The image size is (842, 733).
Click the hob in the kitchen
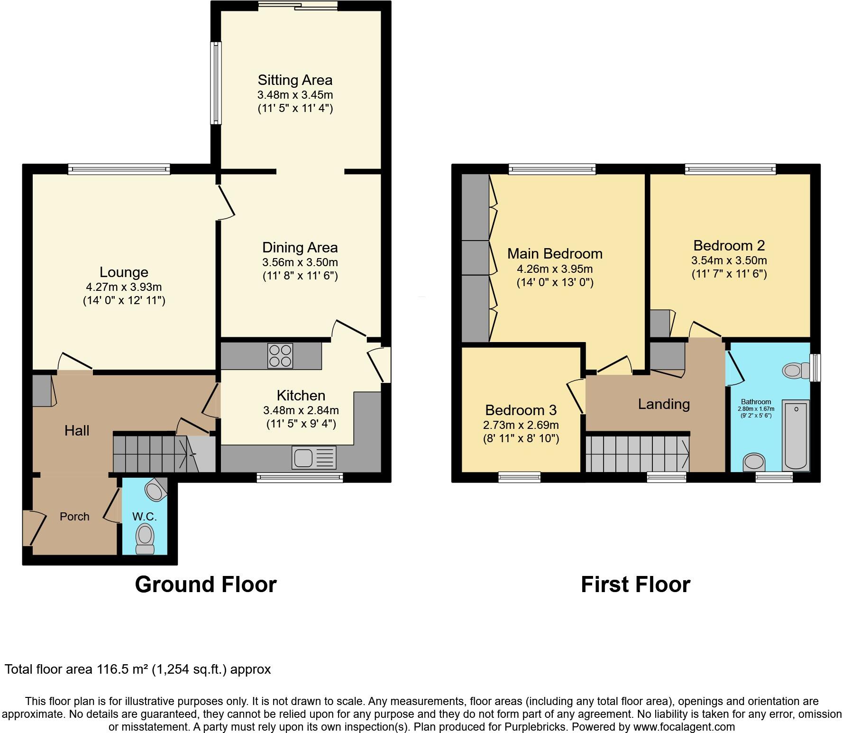pyautogui.click(x=280, y=355)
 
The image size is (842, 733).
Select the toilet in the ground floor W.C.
pyautogui.click(x=145, y=540)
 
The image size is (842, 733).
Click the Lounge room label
pyautogui.click(x=124, y=272)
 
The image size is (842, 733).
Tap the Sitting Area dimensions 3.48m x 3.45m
pyautogui.click(x=295, y=94)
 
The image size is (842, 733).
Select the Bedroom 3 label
pyautogui.click(x=521, y=410)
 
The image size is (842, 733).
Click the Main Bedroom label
pyautogui.click(x=555, y=254)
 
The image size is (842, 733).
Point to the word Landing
pyautogui.click(x=663, y=404)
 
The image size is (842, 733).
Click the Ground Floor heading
pyautogui.click(x=206, y=585)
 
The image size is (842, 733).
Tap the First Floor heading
pyautogui.click(x=635, y=585)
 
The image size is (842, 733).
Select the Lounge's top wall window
pyautogui.click(x=119, y=169)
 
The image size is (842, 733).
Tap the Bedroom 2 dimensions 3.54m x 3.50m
pyautogui.click(x=729, y=260)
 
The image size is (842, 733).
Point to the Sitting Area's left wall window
pyautogui.click(x=216, y=83)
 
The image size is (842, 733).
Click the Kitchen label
pyautogui.click(x=301, y=396)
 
